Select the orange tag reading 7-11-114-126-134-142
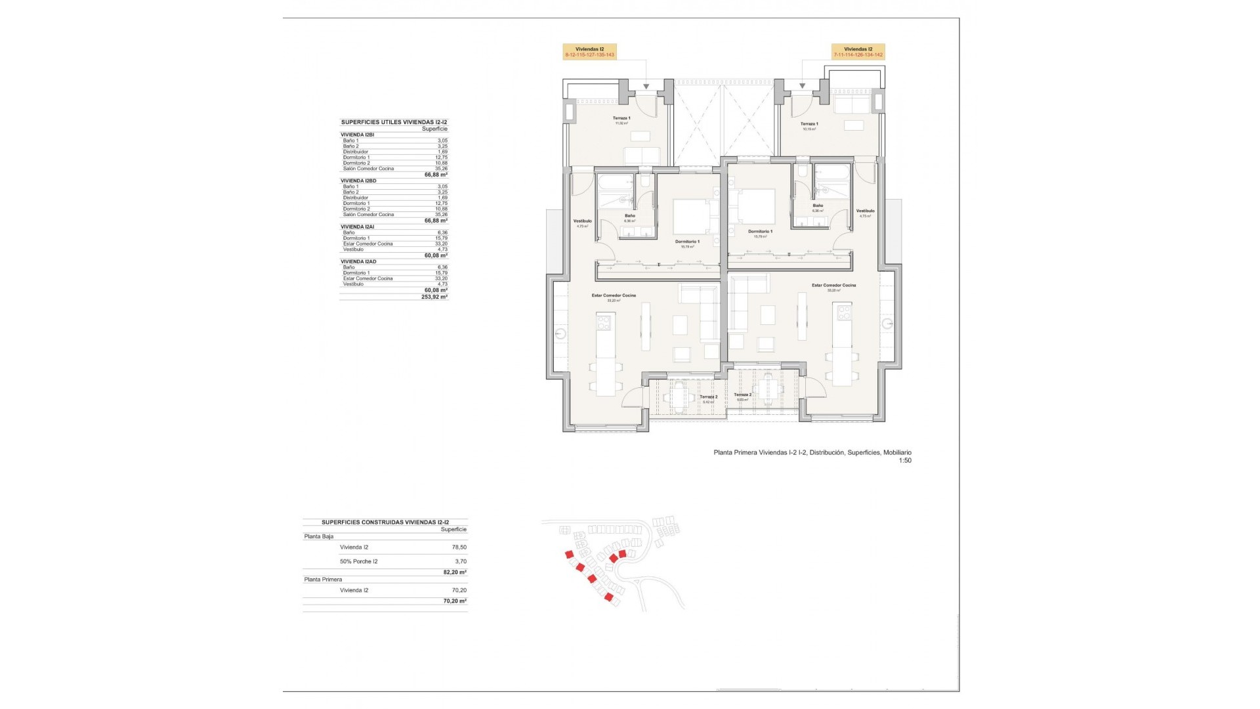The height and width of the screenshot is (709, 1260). pyautogui.click(x=858, y=52)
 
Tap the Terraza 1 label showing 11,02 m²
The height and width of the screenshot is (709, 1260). pyautogui.click(x=621, y=119)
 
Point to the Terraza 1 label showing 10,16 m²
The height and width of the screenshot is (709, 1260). pyautogui.click(x=809, y=125)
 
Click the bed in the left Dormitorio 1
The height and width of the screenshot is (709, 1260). pyautogui.click(x=690, y=216)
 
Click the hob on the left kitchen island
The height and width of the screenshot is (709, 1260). pyautogui.click(x=144, y=322)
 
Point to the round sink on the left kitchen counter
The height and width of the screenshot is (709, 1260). pyautogui.click(x=560, y=333)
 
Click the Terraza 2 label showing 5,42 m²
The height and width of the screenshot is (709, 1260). pyautogui.click(x=708, y=398)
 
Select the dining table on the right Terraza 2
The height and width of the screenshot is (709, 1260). pyautogui.click(x=767, y=389)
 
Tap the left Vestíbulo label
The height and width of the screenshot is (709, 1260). pyautogui.click(x=582, y=222)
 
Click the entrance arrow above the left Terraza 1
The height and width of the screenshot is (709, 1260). pyautogui.click(x=646, y=86)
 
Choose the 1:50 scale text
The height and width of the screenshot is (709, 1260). pyautogui.click(x=905, y=461)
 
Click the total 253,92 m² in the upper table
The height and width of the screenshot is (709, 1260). pyautogui.click(x=434, y=297)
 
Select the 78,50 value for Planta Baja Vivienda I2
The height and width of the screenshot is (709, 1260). pyautogui.click(x=459, y=547)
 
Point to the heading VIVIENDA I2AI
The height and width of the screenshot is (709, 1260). pyautogui.click(x=358, y=226)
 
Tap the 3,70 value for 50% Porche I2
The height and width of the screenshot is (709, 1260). pyautogui.click(x=461, y=561)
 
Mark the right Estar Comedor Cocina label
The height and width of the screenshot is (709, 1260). pyautogui.click(x=833, y=286)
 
